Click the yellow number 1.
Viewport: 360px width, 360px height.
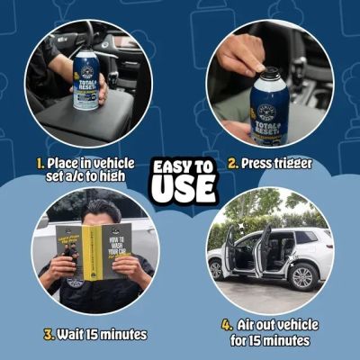click(41, 165)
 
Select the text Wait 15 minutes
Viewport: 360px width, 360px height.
click(99, 335)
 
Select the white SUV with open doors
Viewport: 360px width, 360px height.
click(269, 253)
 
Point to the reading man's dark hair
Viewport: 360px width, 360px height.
click(97, 212)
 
